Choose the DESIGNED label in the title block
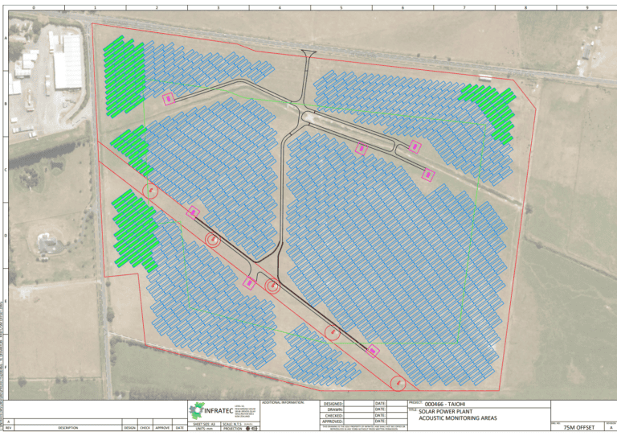coord(333,404)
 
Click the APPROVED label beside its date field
coord(333,422)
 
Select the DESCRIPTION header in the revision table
coord(68,428)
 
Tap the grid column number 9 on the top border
coord(587,6)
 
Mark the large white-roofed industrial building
coord(68,61)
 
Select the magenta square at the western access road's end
coord(168,99)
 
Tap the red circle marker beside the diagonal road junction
coord(272,286)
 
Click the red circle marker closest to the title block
coord(397,383)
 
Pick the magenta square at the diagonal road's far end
coord(373,351)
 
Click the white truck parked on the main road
coord(485,77)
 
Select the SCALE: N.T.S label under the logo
coord(231,423)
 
